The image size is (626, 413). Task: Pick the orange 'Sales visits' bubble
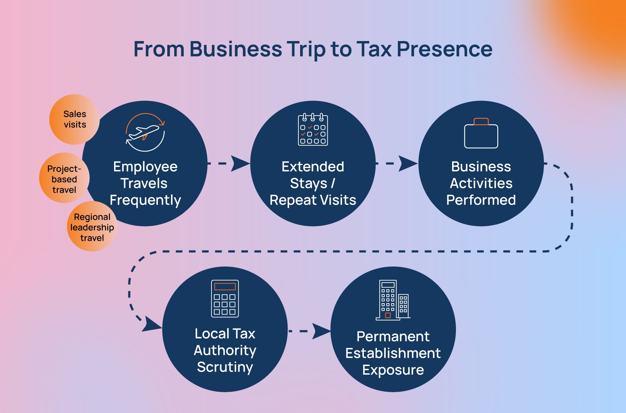(x=74, y=119)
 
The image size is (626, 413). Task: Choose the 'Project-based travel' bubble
(x=64, y=179)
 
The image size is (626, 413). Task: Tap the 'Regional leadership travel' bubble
(x=92, y=227)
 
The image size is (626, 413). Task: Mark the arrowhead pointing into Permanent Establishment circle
(x=321, y=331)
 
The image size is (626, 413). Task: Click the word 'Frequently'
(x=145, y=200)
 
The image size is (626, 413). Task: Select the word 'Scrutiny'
(x=225, y=367)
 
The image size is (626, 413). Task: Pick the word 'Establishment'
(x=393, y=353)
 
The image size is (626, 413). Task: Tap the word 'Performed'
(x=481, y=200)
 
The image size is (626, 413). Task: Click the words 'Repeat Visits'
(x=313, y=200)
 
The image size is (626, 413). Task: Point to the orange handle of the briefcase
(x=481, y=121)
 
